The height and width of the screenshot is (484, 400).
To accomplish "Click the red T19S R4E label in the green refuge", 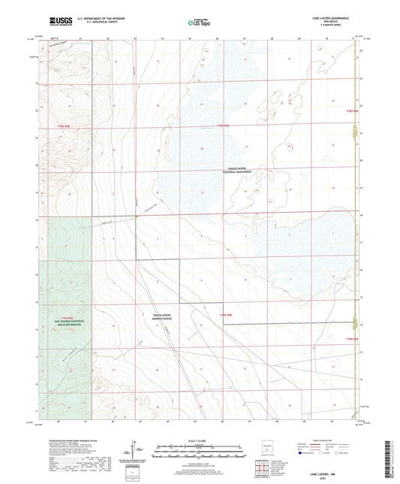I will point(65,317).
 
